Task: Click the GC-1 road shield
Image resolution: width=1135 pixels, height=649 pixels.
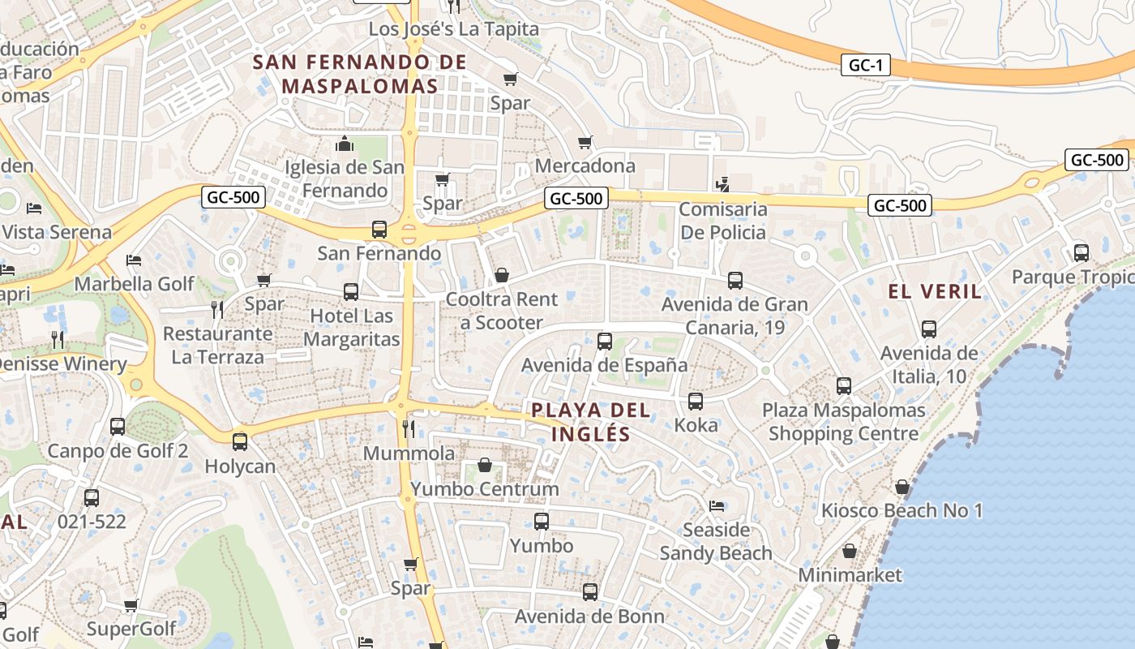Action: pyautogui.click(x=866, y=66)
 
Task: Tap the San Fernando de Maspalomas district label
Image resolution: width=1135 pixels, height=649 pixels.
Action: pyautogui.click(x=360, y=74)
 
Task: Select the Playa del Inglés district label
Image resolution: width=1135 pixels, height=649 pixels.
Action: pyautogui.click(x=591, y=421)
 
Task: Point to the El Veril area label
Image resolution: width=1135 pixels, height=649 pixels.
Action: pyautogui.click(x=935, y=292)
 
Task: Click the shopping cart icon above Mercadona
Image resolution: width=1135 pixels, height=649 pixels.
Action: pyautogui.click(x=585, y=143)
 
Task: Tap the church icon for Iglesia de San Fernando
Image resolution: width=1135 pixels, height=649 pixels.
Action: pyautogui.click(x=345, y=144)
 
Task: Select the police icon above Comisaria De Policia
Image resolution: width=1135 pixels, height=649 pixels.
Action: pyautogui.click(x=722, y=185)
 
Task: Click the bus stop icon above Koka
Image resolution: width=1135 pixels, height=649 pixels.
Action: pyautogui.click(x=696, y=401)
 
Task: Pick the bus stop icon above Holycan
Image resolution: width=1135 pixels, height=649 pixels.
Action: pyautogui.click(x=240, y=442)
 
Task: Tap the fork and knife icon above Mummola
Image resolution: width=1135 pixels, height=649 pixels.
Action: pyautogui.click(x=409, y=428)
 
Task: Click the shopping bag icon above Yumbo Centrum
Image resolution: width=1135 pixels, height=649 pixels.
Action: pyautogui.click(x=485, y=465)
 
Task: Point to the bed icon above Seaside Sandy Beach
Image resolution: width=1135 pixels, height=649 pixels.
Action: pyautogui.click(x=716, y=506)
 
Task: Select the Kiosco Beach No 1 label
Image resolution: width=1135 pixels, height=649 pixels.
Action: pyautogui.click(x=902, y=511)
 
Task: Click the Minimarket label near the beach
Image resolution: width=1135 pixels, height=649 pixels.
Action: pyautogui.click(x=850, y=575)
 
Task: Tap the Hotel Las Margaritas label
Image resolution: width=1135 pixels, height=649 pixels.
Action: pyautogui.click(x=352, y=328)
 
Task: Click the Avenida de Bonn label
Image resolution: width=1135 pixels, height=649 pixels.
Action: pyautogui.click(x=589, y=617)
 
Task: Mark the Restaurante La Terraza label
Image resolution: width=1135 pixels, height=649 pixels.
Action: pyautogui.click(x=217, y=345)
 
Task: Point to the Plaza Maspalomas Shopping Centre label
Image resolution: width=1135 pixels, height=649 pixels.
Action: pyautogui.click(x=843, y=422)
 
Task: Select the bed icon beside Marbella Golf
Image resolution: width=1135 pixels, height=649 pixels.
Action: pyautogui.click(x=135, y=260)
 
